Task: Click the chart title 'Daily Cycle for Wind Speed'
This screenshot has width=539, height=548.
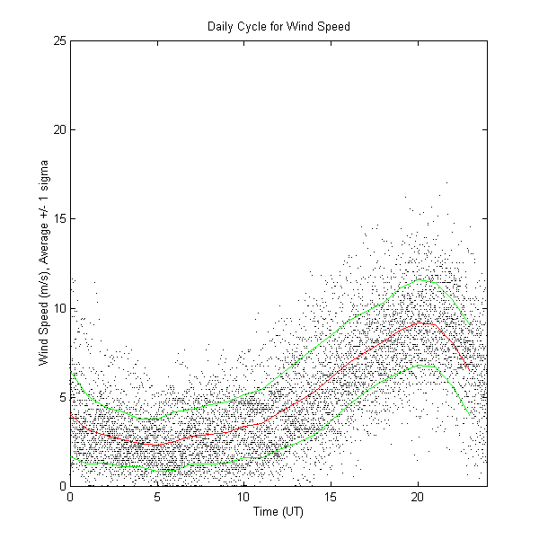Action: click(x=278, y=27)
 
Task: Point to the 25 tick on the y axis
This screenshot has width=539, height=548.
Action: click(x=58, y=41)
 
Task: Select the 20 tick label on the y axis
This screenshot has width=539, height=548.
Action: click(x=58, y=130)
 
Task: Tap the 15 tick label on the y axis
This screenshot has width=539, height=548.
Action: click(x=58, y=219)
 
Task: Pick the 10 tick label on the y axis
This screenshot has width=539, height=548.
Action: click(x=58, y=308)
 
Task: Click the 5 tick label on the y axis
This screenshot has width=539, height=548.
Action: click(x=61, y=397)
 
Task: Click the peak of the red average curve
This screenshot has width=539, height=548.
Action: click(x=424, y=323)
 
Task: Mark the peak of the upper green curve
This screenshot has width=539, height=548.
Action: click(x=422, y=280)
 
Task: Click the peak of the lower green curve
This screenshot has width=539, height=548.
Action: click(x=429, y=365)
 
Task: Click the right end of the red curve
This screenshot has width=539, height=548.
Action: click(x=470, y=370)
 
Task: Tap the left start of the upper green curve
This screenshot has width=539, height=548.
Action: click(x=71, y=371)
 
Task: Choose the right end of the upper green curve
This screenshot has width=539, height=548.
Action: click(x=470, y=325)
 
